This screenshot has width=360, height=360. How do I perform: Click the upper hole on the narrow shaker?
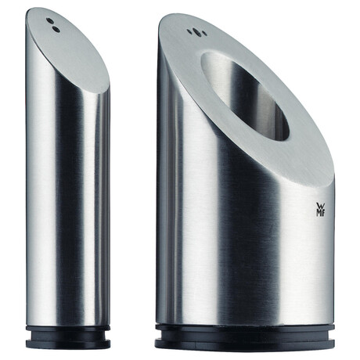tap(50, 20)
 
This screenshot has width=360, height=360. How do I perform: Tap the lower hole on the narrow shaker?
tap(56, 29)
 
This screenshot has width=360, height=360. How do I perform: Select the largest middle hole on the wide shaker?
tap(199, 33)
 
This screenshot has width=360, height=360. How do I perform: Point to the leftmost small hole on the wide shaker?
tap(189, 31)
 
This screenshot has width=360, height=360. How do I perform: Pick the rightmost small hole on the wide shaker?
tap(205, 34)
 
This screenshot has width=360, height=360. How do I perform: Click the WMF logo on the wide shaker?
tap(321, 210)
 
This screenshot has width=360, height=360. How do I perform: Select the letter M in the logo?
tap(319, 213)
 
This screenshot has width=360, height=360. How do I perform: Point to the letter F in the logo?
tap(323, 214)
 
